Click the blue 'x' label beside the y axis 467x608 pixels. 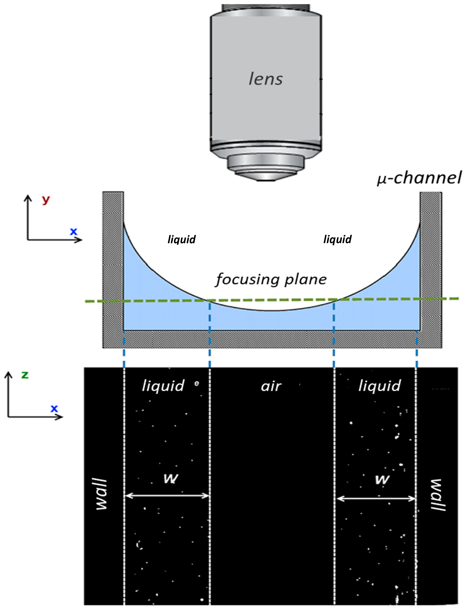73,231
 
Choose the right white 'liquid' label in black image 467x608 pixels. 380,386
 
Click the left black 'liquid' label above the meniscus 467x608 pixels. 182,239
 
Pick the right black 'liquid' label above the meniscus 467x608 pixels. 337,239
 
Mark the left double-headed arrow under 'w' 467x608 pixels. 167,496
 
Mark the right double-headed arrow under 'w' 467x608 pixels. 376,499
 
